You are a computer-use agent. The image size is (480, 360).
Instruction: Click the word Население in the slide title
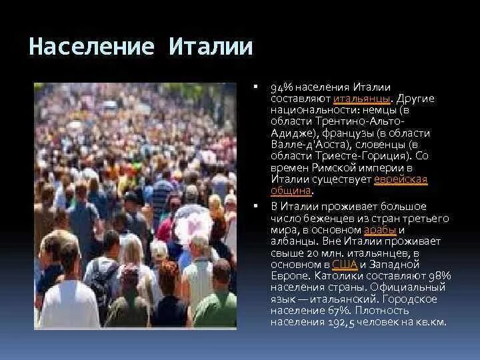click(x=92, y=47)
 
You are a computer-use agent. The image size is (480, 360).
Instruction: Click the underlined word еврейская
click(x=401, y=180)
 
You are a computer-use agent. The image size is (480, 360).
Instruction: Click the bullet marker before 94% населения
click(x=256, y=88)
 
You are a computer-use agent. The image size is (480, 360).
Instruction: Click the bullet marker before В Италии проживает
click(x=256, y=207)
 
